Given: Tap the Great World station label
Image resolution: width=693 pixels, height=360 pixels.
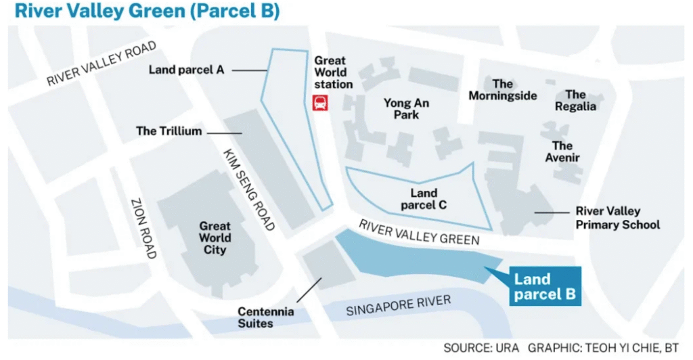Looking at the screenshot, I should pyautogui.click(x=333, y=72).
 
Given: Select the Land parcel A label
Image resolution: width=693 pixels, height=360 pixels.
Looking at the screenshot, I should pyautogui.click(x=186, y=69).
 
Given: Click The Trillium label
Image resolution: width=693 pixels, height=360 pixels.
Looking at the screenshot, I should pyautogui.click(x=169, y=131).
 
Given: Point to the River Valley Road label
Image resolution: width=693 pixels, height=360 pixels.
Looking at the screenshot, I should pyautogui.click(x=102, y=64).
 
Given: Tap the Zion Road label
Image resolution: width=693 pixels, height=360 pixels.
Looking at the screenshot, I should pyautogui.click(x=143, y=228).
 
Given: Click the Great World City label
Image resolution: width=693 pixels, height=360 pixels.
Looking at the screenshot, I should pyautogui.click(x=215, y=238).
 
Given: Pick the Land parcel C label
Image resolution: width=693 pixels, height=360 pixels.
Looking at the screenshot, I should pyautogui.click(x=424, y=199).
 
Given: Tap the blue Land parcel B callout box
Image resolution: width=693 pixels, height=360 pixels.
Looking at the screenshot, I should pyautogui.click(x=541, y=286).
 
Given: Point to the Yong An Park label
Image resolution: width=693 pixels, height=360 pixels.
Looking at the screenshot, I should pyautogui.click(x=406, y=109).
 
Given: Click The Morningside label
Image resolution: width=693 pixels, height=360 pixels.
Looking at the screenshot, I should pyautogui.click(x=503, y=90).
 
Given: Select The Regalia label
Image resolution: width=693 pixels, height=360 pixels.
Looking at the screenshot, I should pyautogui.click(x=575, y=100).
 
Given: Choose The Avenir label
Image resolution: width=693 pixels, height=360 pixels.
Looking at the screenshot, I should pyautogui.click(x=562, y=152).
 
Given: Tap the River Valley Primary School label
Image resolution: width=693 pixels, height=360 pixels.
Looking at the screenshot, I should pyautogui.click(x=617, y=218).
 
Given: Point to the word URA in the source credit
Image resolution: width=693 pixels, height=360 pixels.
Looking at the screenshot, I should pyautogui.click(x=504, y=347).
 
